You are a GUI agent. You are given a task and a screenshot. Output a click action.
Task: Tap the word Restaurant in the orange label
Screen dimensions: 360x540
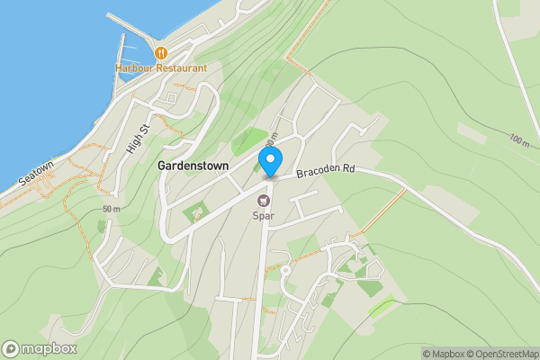click(181, 68)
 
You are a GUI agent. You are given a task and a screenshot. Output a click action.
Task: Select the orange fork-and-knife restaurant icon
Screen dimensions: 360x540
click(160, 54)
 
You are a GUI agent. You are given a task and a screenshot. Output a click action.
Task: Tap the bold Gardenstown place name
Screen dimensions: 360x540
click(193, 166)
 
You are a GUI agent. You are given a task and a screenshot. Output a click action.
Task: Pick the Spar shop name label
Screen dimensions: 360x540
click(264, 216)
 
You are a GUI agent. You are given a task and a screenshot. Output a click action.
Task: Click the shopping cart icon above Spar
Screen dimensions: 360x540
click(264, 201)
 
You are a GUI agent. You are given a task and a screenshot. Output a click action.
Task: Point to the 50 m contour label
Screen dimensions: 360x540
click(112, 210)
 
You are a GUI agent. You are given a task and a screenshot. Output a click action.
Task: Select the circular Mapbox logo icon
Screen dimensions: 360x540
click(11, 348)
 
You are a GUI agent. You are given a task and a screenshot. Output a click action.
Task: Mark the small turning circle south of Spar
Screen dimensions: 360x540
click(284, 269)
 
